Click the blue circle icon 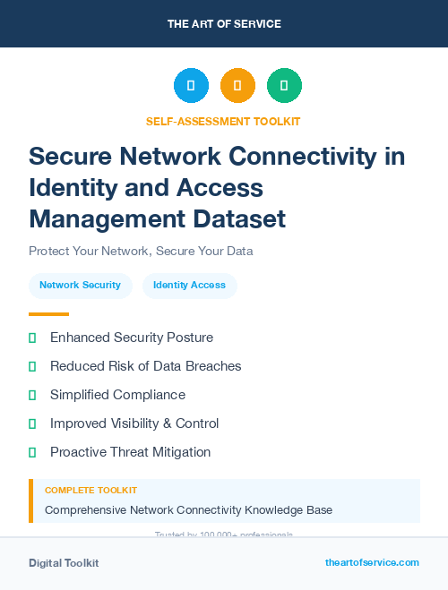click(x=191, y=85)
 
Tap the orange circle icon click(x=237, y=85)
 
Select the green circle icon click(x=284, y=85)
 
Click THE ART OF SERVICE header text click(x=224, y=24)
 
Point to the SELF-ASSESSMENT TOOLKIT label click(x=224, y=121)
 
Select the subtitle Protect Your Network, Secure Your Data click(x=141, y=251)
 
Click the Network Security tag click(x=80, y=285)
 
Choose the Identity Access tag click(x=189, y=285)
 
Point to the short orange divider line click(x=48, y=314)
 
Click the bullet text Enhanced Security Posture click(x=131, y=338)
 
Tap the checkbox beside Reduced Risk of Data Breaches click(x=32, y=366)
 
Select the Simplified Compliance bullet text click(x=117, y=395)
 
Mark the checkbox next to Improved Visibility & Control click(x=32, y=423)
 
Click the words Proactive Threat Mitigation click(x=130, y=452)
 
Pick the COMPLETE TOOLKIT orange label click(x=90, y=491)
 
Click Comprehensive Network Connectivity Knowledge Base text click(x=188, y=510)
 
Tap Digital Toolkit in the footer click(x=64, y=563)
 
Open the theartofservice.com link click(x=372, y=562)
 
